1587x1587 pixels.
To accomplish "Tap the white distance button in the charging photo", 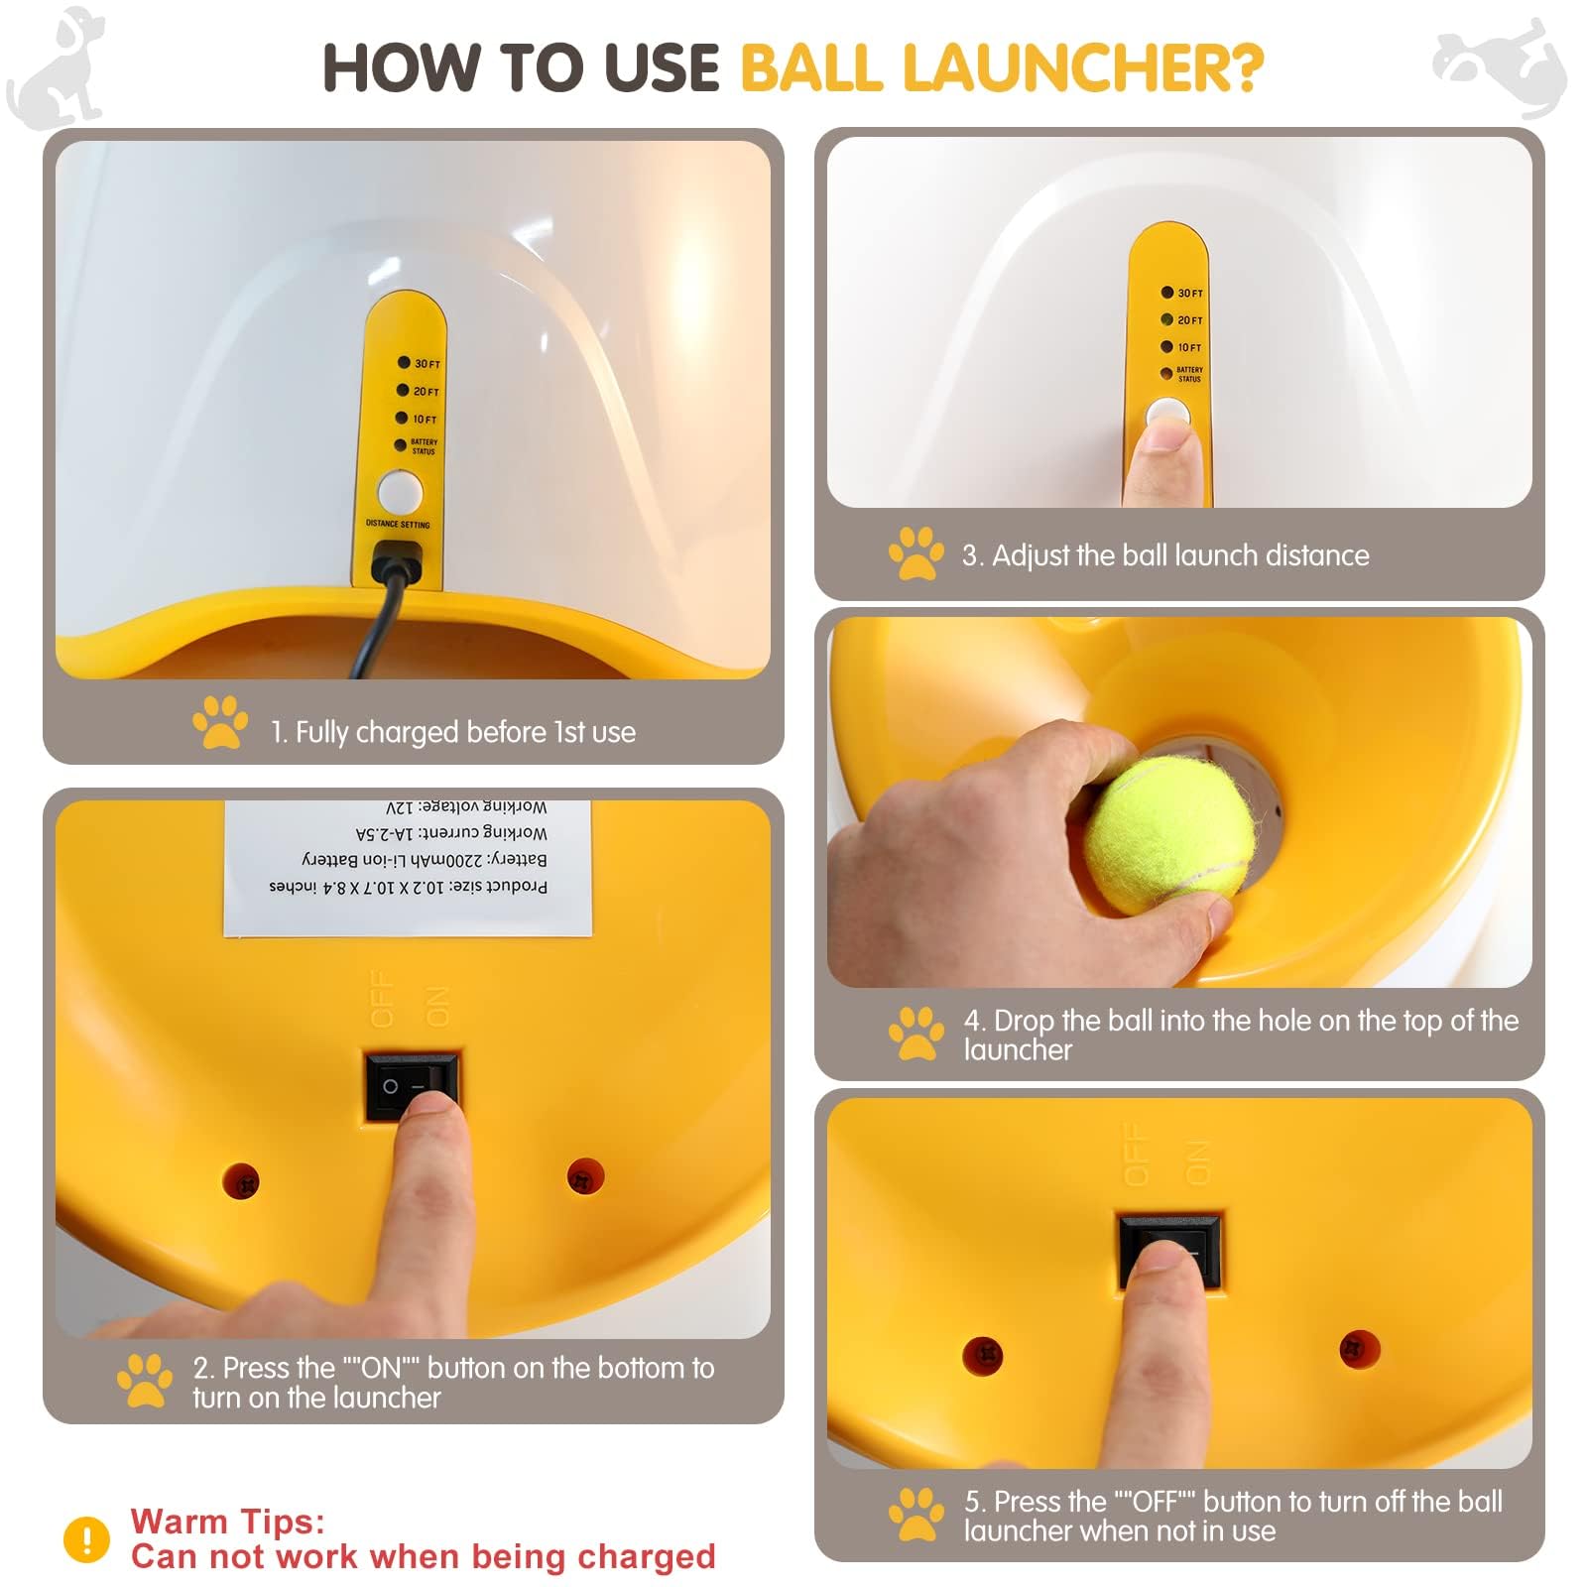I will coord(400,492).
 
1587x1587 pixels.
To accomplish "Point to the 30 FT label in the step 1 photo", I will coord(427,364).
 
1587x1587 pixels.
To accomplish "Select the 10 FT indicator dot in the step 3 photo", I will coord(1167,347).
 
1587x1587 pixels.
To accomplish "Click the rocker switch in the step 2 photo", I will coord(412,1086).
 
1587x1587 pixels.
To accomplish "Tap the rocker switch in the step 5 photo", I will coord(1170,1250).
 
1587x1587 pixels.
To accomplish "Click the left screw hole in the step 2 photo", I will coord(241,1180).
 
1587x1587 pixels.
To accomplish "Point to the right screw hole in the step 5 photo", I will coord(1359,1349).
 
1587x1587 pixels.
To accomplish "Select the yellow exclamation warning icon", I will coord(86,1539).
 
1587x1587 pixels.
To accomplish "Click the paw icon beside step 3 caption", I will coord(916,553).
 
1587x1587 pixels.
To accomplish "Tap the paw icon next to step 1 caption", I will coord(220,722).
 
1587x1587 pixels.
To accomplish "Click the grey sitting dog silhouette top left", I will coord(60,67).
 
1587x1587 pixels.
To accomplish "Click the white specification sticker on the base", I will coord(408,868).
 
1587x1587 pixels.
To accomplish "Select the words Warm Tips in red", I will coord(227,1521).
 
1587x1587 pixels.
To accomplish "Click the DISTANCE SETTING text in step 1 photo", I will coord(398,524).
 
